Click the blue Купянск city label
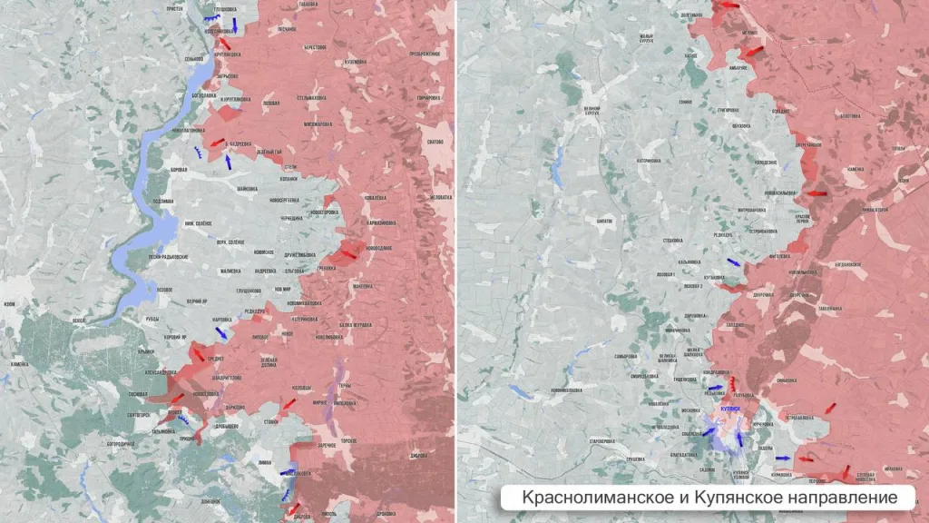click(731, 410)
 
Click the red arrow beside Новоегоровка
click(345, 255)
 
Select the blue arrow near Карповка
click(220, 333)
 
